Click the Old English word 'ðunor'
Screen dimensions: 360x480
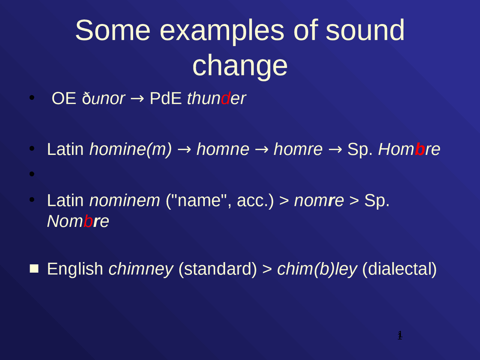click(103, 99)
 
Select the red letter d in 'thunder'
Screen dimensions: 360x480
click(225, 99)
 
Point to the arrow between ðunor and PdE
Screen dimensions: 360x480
click(137, 99)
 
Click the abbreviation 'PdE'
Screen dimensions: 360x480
click(165, 99)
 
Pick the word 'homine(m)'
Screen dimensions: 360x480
click(130, 149)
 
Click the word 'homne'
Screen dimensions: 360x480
click(223, 149)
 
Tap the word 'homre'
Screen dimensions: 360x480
click(298, 149)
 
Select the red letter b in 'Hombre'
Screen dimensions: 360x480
click(420, 149)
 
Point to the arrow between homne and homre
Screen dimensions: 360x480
click(261, 150)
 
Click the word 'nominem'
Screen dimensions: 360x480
click(124, 201)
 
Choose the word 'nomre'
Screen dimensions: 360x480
click(319, 201)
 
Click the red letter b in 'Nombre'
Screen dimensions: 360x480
click(88, 221)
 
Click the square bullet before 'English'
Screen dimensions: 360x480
click(34, 268)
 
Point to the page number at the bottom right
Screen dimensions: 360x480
click(400, 335)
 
